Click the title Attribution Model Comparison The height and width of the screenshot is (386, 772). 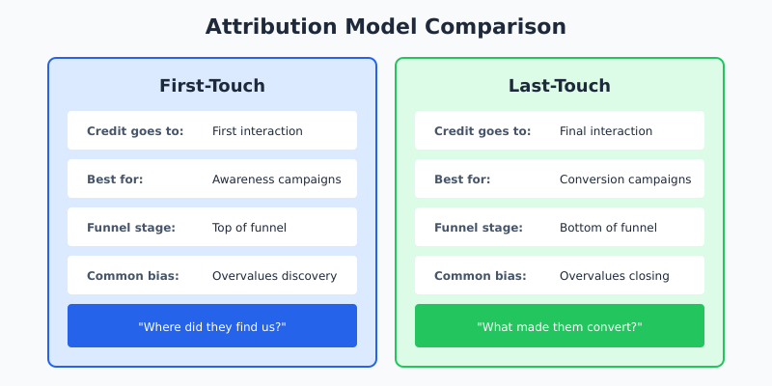386,27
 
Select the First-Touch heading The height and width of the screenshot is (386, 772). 212,86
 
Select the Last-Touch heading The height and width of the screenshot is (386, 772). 560,86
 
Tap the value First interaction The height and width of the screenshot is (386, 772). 257,131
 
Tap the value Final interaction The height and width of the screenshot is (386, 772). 606,131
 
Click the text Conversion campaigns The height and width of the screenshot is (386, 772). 625,179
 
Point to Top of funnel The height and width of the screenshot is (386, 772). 249,228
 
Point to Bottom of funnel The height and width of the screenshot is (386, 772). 608,228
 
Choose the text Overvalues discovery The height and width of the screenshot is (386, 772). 274,276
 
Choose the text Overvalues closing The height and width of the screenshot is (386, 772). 614,276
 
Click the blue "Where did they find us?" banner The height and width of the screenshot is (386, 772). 212,326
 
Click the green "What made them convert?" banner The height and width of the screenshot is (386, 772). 560,326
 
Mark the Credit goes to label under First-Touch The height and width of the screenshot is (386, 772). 135,131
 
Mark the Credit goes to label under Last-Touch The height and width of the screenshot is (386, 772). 482,131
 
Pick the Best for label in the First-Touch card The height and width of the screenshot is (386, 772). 115,179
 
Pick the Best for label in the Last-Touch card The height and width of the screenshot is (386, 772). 462,179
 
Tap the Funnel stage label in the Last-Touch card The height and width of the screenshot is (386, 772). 478,228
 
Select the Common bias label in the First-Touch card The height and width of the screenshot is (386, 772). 133,276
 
